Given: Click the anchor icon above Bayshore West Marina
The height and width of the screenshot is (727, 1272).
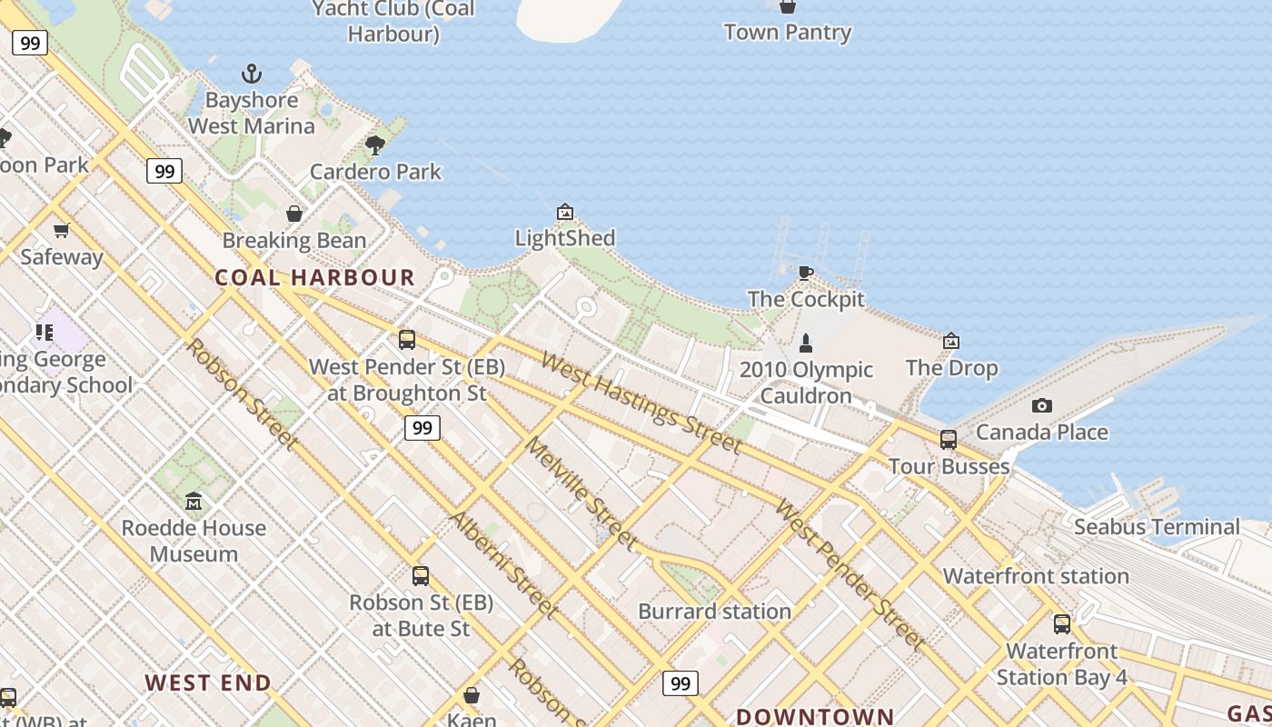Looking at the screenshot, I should (x=251, y=74).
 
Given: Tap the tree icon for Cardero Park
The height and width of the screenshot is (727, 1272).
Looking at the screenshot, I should (x=374, y=145).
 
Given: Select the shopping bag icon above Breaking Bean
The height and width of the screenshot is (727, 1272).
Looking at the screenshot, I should (x=294, y=214).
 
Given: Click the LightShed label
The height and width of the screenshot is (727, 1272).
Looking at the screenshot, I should (x=564, y=238).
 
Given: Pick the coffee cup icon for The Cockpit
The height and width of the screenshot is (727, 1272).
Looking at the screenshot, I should (x=805, y=273).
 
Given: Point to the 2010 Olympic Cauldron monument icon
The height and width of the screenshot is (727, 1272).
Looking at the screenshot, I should (x=805, y=343).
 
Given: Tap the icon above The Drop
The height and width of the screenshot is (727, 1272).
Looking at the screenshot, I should (x=951, y=341).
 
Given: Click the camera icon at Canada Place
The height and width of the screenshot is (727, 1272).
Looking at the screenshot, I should (x=1042, y=405).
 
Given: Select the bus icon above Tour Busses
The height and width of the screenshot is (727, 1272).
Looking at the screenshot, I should (x=949, y=440).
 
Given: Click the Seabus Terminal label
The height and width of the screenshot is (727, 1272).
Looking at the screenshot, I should (x=1156, y=527).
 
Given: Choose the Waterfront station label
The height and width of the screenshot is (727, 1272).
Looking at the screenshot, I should (x=1036, y=576).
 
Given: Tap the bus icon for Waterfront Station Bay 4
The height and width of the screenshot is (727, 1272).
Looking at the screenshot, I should (x=1062, y=624).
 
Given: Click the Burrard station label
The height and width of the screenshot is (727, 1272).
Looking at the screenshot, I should (x=714, y=612).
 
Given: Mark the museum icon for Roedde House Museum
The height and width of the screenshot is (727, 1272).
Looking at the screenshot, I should (x=194, y=502).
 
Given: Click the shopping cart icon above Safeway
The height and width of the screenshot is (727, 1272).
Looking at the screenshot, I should (x=62, y=230).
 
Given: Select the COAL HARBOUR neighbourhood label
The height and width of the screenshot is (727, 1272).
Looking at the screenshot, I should (x=314, y=278).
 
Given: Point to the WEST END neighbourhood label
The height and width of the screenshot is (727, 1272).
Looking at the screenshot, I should (x=208, y=683).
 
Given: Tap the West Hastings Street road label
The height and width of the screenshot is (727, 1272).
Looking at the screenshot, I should (x=641, y=401).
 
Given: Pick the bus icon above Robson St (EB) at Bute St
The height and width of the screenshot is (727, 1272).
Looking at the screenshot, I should (x=420, y=575).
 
